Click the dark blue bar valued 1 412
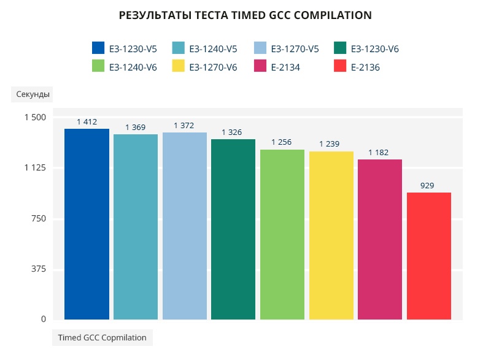tap(87, 224)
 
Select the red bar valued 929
tap(428, 256)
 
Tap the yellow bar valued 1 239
tap(331, 235)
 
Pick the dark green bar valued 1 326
tap(233, 229)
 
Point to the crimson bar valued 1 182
tap(380, 239)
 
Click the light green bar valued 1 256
tap(282, 234)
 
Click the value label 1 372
tap(184, 126)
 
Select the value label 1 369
tap(135, 127)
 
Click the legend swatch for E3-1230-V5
tap(98, 48)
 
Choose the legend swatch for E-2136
tap(341, 67)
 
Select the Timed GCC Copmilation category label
tap(102, 337)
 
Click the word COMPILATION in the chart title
tap(331, 15)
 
